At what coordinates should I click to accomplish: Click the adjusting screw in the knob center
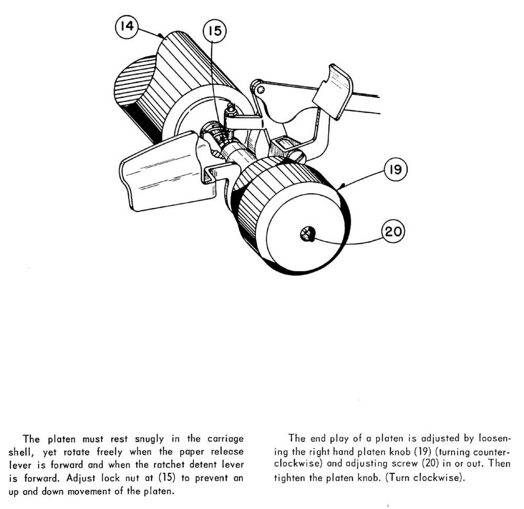pyautogui.click(x=307, y=234)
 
